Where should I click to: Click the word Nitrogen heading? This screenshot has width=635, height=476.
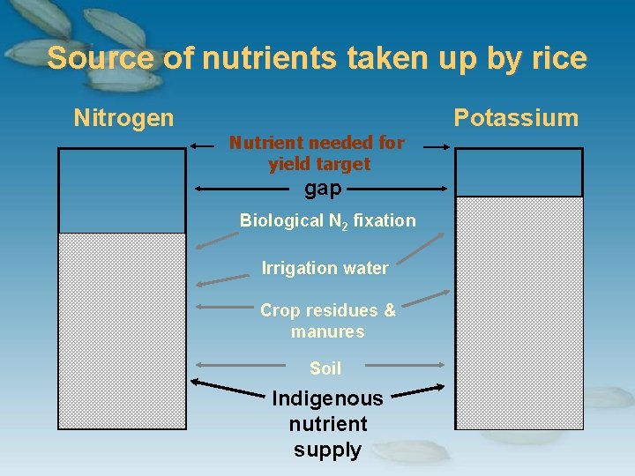coord(123,117)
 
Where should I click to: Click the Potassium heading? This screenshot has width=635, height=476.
coord(516,118)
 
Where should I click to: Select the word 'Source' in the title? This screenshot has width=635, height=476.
coord(101,58)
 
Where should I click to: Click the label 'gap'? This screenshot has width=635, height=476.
coord(323,188)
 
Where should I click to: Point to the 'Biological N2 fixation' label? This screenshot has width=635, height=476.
coord(327,220)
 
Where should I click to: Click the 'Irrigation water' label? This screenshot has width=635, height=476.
coord(325,268)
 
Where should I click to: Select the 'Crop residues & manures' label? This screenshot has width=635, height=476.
coord(327,321)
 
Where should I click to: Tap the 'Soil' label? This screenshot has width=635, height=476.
coord(325,368)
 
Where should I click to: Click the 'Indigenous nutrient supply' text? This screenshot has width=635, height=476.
coord(327,424)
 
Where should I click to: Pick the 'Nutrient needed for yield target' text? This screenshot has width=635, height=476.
coord(317,152)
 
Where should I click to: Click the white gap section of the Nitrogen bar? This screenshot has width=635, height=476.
coord(122,190)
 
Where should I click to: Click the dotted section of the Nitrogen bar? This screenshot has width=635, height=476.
coord(122,331)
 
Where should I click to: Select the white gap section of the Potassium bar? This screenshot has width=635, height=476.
coord(519,172)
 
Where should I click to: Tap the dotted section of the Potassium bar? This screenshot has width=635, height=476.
coord(519,313)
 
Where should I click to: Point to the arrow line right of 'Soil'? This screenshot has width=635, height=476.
coord(402,364)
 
